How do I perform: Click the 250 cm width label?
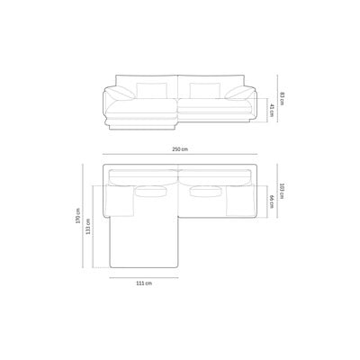pyautogui.click(x=180, y=149)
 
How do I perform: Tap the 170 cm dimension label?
pyautogui.click(x=78, y=216)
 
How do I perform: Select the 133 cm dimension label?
pyautogui.click(x=88, y=226)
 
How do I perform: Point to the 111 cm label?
pyautogui.click(x=144, y=283)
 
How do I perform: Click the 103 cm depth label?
pyautogui.click(x=282, y=191)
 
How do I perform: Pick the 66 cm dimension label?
pyautogui.click(x=271, y=202)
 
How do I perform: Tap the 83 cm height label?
pyautogui.click(x=282, y=98)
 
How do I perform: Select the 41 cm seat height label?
pyautogui.click(x=271, y=111)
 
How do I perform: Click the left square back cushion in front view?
pyautogui.click(x=151, y=90)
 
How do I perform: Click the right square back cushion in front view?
pyautogui.click(x=205, y=90)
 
